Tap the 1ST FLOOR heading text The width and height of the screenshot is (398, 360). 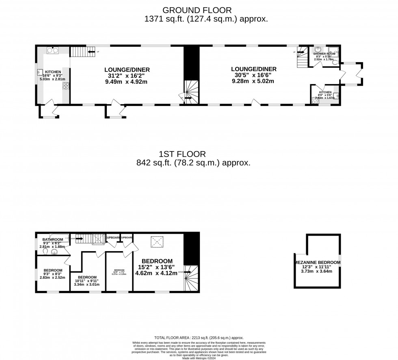pos(182,154)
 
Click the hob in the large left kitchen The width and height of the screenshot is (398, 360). pos(65,86)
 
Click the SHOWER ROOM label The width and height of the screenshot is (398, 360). pos(324,53)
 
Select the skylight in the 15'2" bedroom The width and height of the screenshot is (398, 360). pos(157,242)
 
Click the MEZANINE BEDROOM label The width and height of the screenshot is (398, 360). pos(318,262)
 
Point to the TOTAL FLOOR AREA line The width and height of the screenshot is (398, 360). pos(199,338)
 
